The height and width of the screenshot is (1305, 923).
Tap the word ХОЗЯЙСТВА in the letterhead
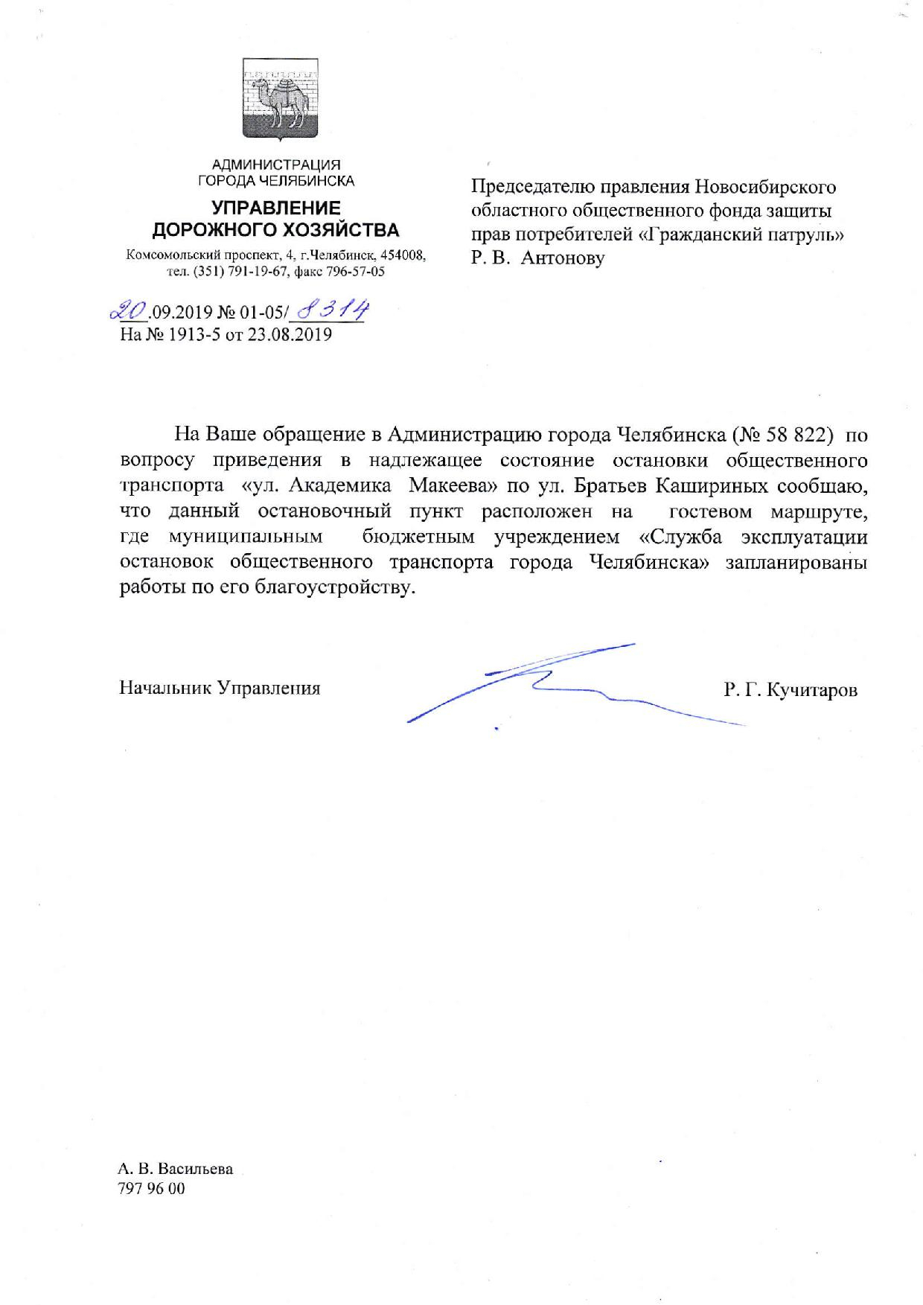(339, 229)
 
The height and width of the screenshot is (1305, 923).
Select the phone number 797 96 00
(151, 1188)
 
